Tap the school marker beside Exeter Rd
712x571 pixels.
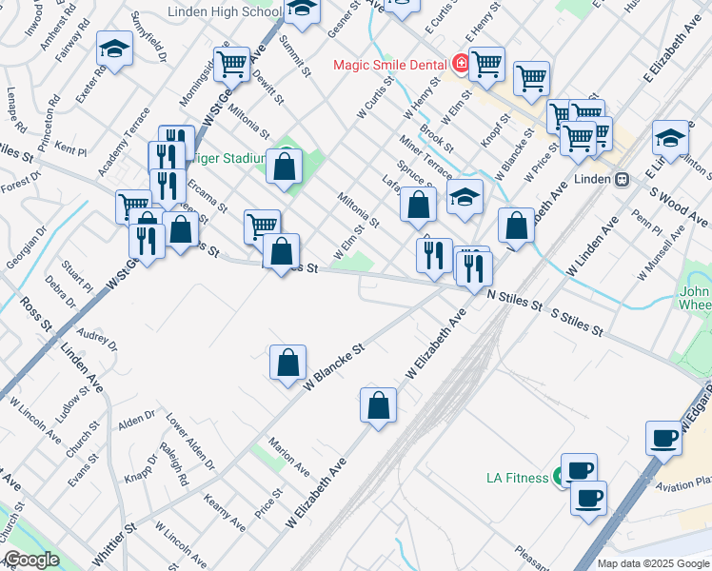point(114,52)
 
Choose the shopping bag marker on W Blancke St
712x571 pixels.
point(287,364)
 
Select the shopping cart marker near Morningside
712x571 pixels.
point(231,64)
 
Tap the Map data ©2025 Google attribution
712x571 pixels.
point(653,563)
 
